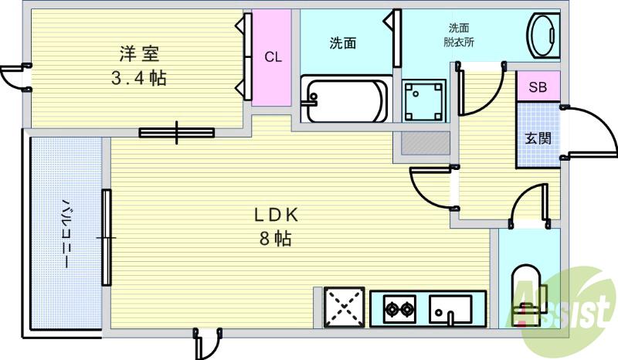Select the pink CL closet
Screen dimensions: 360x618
[273, 57]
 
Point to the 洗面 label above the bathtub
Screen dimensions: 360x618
[343, 44]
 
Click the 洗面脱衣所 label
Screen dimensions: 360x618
[459, 36]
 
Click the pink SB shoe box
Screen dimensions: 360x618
[538, 87]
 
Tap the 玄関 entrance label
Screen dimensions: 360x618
[538, 138]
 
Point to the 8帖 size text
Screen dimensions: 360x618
[274, 239]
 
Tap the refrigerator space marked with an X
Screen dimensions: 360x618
[343, 307]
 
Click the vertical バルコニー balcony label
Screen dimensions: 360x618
[66, 233]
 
